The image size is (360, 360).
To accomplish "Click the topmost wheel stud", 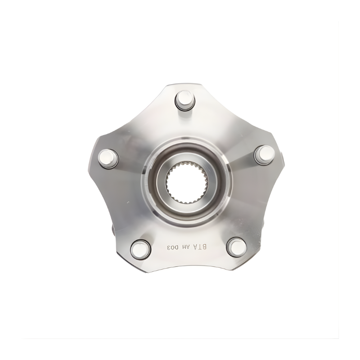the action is (x=185, y=100).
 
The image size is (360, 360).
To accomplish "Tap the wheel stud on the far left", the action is (x=108, y=159).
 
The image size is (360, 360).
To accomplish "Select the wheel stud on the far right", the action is (x=265, y=155).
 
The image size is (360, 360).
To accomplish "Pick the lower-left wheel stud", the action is (x=140, y=250).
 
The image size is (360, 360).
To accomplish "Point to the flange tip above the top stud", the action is (x=181, y=85).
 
